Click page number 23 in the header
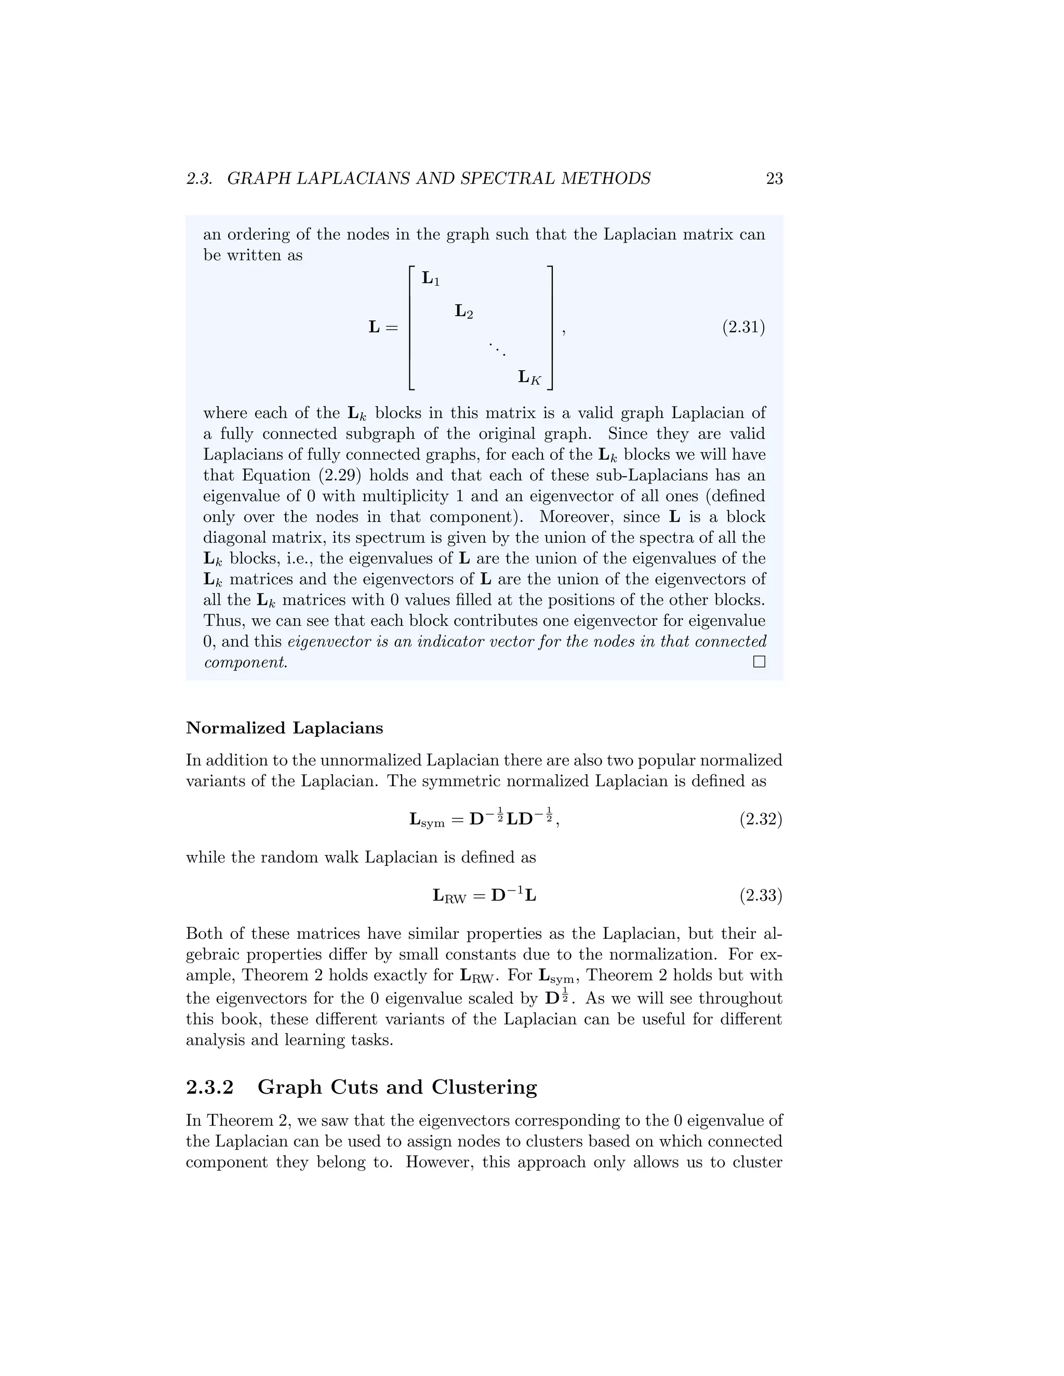point(774,179)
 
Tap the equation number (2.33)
point(761,895)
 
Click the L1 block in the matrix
point(431,278)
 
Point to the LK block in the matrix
point(529,377)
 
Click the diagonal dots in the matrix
point(497,348)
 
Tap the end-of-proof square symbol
point(759,662)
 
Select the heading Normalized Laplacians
point(284,729)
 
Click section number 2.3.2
point(210,1087)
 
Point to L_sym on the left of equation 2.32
point(427,820)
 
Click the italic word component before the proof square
point(245,663)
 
